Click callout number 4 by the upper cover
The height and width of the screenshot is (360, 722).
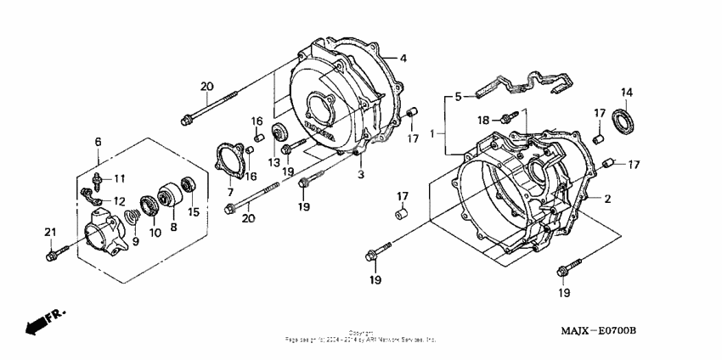403,58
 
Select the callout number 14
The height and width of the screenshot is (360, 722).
627,93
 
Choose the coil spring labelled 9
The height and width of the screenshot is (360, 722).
131,221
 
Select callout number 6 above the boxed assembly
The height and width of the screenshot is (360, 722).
98,142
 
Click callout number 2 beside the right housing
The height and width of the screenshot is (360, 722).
607,199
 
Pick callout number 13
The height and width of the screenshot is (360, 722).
274,162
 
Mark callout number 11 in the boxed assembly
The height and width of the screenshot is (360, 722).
120,178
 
